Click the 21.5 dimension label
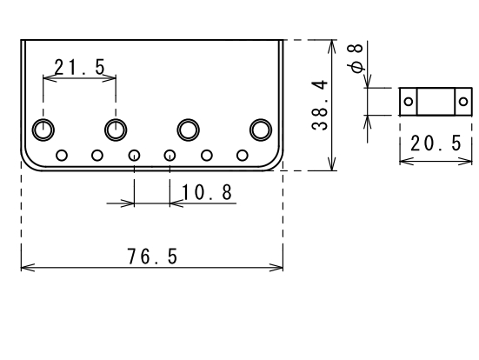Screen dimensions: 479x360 (x=80, y=67)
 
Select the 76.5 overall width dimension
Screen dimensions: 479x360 (x=152, y=257)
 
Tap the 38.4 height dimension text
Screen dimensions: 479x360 (x=320, y=105)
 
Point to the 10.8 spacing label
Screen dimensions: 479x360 (x=207, y=192)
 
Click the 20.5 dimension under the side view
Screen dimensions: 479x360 (x=436, y=143)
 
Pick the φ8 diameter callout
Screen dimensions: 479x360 (x=356, y=58)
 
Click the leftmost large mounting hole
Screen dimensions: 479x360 (x=43, y=130)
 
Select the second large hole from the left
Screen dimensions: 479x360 (x=116, y=130)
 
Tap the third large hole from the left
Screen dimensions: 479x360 (x=188, y=130)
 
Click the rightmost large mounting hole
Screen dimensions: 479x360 (x=261, y=130)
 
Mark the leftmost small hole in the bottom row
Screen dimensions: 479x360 (x=62, y=156)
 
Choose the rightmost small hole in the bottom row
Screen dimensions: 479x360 (x=243, y=156)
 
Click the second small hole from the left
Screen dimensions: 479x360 (x=97, y=156)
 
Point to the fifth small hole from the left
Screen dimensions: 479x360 (x=207, y=156)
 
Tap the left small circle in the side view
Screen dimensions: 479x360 (x=409, y=102)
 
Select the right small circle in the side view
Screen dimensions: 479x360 (x=463, y=102)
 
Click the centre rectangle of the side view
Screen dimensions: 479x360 (x=436, y=102)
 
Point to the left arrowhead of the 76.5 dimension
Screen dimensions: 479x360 (x=28, y=268)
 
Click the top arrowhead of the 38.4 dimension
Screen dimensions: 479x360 (x=332, y=46)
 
